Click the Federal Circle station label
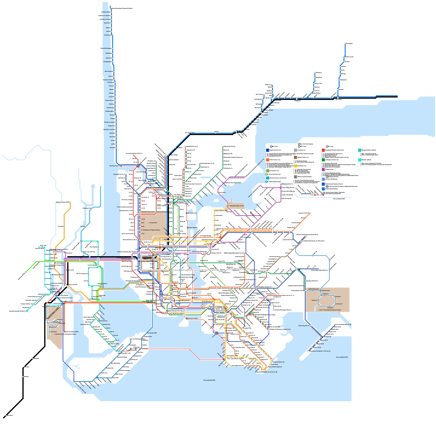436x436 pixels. (x=326, y=290)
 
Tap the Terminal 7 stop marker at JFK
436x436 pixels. (x=334, y=297)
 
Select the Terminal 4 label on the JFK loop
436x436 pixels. (x=330, y=308)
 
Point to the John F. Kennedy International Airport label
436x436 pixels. (x=330, y=310)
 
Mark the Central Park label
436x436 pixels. (x=153, y=223)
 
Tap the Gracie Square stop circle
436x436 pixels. (x=188, y=228)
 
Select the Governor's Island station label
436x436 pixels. (x=192, y=318)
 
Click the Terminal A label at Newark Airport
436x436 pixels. (x=54, y=332)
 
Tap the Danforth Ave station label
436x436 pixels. (x=106, y=324)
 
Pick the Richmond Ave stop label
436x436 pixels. (x=103, y=321)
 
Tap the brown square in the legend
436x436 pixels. (x=295, y=158)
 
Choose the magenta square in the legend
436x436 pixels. (x=323, y=169)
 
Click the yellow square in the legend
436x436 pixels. (x=295, y=166)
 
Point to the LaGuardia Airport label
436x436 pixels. (x=236, y=206)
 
